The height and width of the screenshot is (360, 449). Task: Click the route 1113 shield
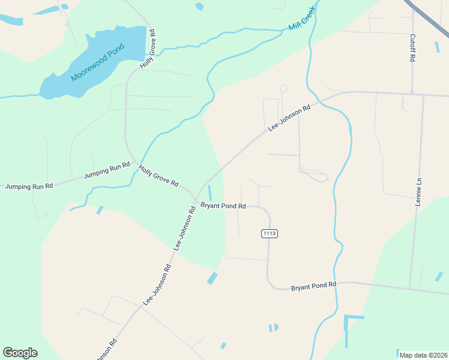pyautogui.click(x=269, y=233)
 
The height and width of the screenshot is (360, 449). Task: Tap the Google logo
pyautogui.click(x=20, y=353)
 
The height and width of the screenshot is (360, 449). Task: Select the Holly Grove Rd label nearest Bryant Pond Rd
pyautogui.click(x=159, y=175)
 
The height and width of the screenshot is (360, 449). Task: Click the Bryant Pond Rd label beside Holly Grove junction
pyautogui.click(x=223, y=206)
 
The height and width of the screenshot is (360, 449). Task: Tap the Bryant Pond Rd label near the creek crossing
pyautogui.click(x=313, y=286)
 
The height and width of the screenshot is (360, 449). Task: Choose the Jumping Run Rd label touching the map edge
pyautogui.click(x=29, y=187)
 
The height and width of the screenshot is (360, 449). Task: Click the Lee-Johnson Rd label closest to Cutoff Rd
pyautogui.click(x=289, y=118)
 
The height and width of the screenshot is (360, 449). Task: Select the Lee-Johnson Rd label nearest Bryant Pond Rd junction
pyautogui.click(x=185, y=228)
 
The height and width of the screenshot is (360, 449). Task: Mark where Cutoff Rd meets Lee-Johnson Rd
pyautogui.click(x=412, y=93)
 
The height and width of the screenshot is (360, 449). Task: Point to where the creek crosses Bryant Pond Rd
pyautogui.click(x=336, y=283)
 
